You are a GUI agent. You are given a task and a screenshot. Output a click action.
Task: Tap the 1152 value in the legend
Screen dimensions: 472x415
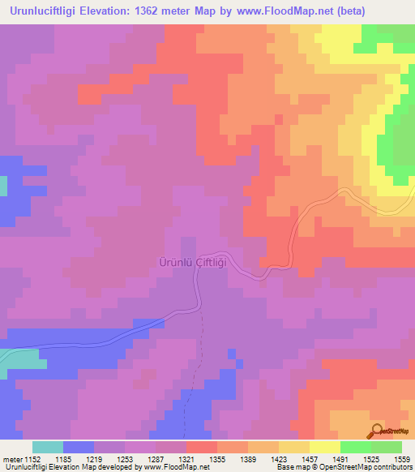tap(32, 460)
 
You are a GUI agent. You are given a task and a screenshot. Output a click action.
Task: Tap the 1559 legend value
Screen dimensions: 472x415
tap(402, 460)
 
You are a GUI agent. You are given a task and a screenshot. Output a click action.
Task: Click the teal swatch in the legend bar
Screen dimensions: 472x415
tap(48, 448)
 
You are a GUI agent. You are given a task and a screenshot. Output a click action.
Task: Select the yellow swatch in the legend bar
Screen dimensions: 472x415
tap(324, 448)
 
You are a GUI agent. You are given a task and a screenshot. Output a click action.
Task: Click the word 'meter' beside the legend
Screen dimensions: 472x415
tap(12, 460)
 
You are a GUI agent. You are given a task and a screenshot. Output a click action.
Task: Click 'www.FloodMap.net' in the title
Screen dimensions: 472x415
tap(271, 11)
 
